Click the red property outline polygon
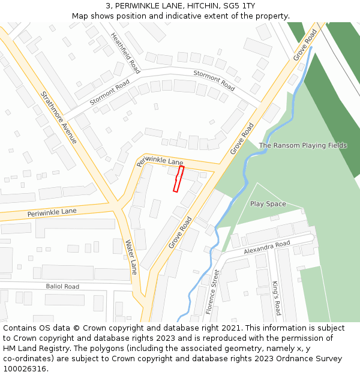(x=178, y=179)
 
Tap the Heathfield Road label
(x=125, y=53)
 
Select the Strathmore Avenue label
(x=59, y=117)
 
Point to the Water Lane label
(x=131, y=257)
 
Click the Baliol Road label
(x=62, y=287)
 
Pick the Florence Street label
(x=212, y=292)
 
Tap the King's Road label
(x=276, y=298)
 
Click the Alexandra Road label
(x=267, y=247)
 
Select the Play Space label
(x=268, y=204)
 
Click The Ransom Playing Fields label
(x=303, y=145)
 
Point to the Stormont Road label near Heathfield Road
(x=214, y=80)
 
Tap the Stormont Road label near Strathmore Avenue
(x=110, y=93)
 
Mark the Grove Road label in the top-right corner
(x=305, y=44)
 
